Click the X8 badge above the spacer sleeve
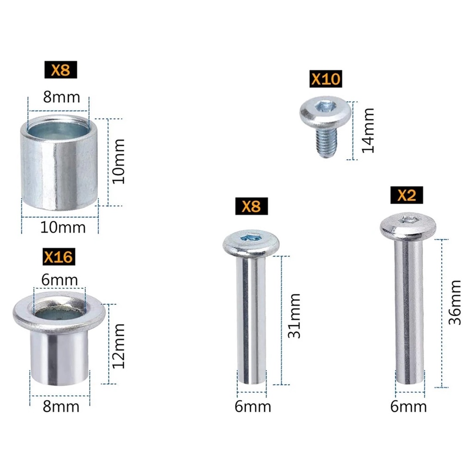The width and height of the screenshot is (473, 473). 60,70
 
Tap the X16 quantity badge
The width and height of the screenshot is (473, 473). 58,256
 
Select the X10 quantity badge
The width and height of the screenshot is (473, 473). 326,79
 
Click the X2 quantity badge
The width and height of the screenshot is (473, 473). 407,195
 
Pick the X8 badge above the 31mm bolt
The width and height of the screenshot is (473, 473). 251,206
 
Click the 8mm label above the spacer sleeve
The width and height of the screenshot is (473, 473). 61,97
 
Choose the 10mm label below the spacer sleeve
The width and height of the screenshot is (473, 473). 63,228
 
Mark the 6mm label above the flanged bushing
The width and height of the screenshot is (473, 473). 60,280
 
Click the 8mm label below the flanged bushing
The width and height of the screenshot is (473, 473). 61,407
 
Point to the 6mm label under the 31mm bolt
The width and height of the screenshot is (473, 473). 252,407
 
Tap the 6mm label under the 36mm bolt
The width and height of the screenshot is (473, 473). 408,407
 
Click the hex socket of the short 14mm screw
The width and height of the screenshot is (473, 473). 322,107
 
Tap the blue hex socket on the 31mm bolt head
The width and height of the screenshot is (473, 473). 251,238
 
